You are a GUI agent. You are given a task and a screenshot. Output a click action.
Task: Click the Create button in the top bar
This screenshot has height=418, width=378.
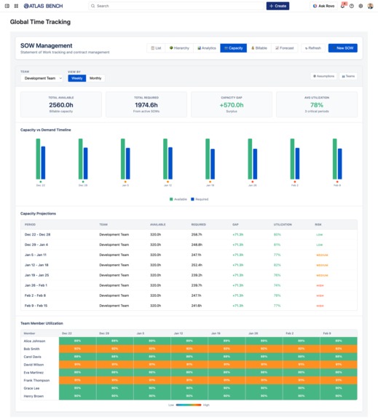(277, 6)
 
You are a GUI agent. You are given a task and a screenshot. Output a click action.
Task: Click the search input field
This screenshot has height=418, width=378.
(175, 6)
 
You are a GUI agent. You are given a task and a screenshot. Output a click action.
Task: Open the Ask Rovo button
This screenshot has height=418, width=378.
(324, 6)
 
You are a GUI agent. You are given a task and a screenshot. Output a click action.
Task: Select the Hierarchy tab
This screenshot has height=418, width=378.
(179, 48)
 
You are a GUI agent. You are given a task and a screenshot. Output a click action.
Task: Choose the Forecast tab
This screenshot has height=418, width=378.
(286, 48)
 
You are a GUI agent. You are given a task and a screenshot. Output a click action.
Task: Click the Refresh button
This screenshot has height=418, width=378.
(312, 48)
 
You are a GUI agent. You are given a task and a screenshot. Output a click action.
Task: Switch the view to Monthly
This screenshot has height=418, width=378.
(95, 78)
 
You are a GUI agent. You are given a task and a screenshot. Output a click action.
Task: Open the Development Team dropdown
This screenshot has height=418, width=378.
(42, 78)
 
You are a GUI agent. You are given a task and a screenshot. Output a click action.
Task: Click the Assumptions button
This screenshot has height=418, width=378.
(323, 76)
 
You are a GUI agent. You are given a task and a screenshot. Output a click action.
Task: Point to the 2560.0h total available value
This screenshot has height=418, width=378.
(61, 104)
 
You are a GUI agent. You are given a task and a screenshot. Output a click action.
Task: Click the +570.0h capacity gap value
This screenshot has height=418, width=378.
(232, 104)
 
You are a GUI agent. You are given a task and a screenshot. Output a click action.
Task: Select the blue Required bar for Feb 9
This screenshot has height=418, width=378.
(339, 163)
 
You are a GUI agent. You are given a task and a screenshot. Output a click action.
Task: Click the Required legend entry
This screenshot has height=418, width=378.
(199, 198)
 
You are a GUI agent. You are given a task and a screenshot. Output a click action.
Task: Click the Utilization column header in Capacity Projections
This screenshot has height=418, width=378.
(283, 225)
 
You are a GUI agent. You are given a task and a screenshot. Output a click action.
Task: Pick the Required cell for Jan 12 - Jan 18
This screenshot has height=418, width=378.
(197, 265)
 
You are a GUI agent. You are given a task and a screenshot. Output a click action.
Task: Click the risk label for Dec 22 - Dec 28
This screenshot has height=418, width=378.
(319, 235)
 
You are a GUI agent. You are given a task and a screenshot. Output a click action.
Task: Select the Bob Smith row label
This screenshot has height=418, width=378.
(31, 349)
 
